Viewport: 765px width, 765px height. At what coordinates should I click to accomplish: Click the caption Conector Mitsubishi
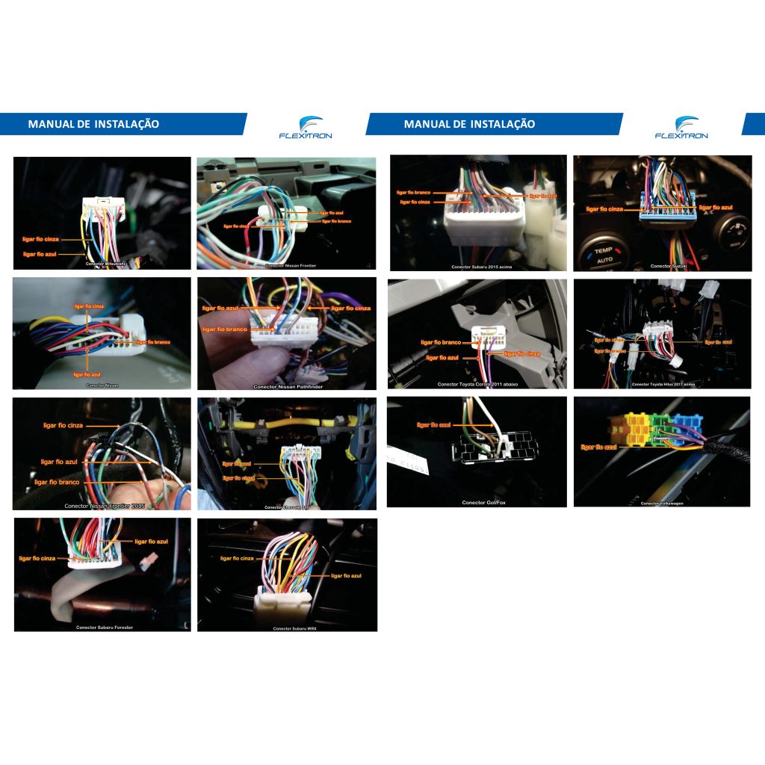pos(104,264)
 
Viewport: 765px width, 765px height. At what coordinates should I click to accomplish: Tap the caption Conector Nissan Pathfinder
pos(288,387)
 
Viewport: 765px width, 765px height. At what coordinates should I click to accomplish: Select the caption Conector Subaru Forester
pos(105,628)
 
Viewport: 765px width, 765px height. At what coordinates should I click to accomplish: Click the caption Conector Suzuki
pos(668,266)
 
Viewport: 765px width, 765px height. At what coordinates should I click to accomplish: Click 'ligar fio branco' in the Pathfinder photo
pos(225,329)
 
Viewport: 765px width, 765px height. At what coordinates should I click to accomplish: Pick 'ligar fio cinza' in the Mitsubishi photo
pos(41,239)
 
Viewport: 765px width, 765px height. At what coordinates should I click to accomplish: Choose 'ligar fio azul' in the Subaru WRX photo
pos(346,576)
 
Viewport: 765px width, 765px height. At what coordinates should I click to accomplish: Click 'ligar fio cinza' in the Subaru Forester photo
pos(37,558)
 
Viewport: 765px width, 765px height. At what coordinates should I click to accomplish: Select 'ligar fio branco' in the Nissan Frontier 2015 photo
pos(57,482)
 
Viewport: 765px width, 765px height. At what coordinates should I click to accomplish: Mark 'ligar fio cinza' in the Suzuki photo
pos(604,209)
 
